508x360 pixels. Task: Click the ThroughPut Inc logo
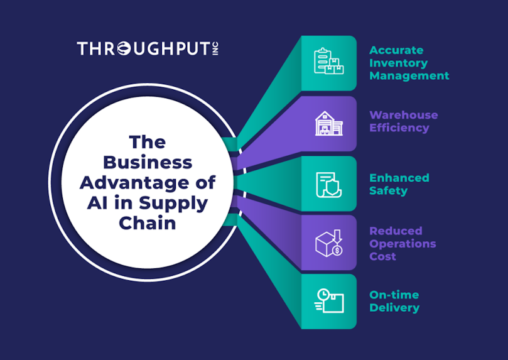pyautogui.click(x=148, y=48)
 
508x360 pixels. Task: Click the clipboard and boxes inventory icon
pyautogui.click(x=329, y=61)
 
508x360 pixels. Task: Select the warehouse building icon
pyautogui.click(x=329, y=124)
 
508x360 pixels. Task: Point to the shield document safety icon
pyautogui.click(x=329, y=185)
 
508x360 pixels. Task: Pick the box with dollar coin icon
pyautogui.click(x=329, y=243)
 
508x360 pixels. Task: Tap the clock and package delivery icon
pyautogui.click(x=329, y=301)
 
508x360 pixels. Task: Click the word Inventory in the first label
pyautogui.click(x=399, y=63)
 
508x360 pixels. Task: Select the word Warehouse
pyautogui.click(x=404, y=115)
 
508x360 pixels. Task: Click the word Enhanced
pyautogui.click(x=399, y=178)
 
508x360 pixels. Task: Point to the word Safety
pyautogui.click(x=389, y=191)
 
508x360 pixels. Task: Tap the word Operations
pyautogui.click(x=403, y=244)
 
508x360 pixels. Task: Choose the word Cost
pyautogui.click(x=382, y=256)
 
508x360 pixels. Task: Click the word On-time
pyautogui.click(x=394, y=295)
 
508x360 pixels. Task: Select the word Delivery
pyautogui.click(x=394, y=308)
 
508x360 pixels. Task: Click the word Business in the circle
pyautogui.click(x=148, y=162)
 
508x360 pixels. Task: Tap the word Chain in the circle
pyautogui.click(x=148, y=223)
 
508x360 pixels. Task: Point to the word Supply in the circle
pyautogui.click(x=173, y=204)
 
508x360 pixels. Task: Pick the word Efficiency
pyautogui.click(x=399, y=128)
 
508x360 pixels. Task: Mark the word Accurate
pyautogui.click(x=396, y=50)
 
